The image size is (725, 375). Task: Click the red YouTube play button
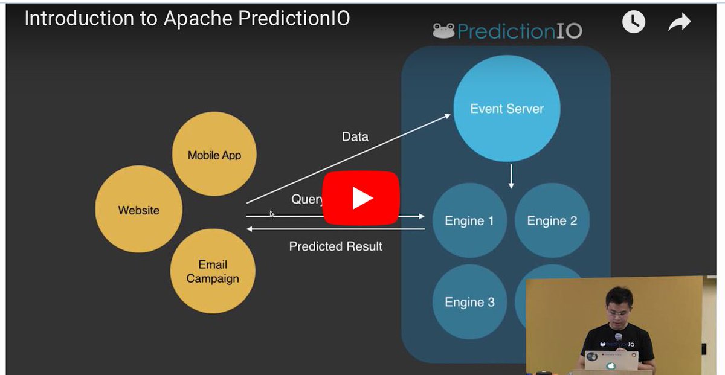(361, 198)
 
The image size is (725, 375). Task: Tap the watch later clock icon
(633, 23)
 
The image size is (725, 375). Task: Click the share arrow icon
(679, 23)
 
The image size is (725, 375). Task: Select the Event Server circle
(507, 109)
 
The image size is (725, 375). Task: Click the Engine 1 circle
(469, 220)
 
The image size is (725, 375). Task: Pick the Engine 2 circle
(552, 220)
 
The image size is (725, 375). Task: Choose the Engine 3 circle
(469, 302)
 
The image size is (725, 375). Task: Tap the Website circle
(139, 210)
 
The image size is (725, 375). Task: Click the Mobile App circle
(214, 155)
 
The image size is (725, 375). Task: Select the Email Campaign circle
(213, 271)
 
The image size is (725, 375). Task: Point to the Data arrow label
(355, 136)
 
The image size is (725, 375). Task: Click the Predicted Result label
(335, 246)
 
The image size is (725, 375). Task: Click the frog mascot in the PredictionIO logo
(443, 31)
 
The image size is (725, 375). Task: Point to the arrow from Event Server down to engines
(511, 176)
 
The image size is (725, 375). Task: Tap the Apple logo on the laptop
(610, 365)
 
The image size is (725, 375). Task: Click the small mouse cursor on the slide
(272, 213)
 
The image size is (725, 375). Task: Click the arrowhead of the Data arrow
(448, 115)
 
